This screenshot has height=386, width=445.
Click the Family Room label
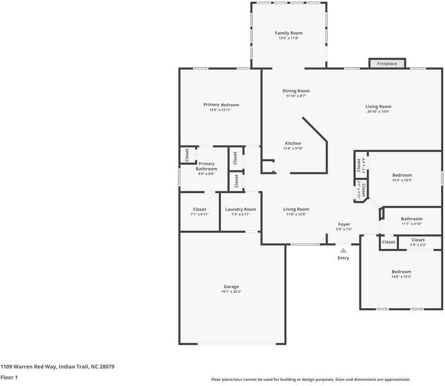coord(288,33)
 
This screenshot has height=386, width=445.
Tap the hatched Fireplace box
coord(387,64)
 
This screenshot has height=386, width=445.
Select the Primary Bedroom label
coord(221,104)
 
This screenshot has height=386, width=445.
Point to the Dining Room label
coord(296,91)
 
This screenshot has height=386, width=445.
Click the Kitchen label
coord(293,143)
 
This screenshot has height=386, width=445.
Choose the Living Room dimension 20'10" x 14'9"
coord(378,112)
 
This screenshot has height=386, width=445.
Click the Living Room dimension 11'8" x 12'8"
coord(297,214)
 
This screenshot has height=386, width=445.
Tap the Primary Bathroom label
coord(206,166)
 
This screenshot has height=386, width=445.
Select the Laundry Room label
coord(240,209)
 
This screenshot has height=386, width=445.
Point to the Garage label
coord(231,286)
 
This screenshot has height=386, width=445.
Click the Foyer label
coord(345,224)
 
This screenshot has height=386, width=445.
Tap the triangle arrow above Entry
coord(344,250)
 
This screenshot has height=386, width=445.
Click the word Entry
coord(344,258)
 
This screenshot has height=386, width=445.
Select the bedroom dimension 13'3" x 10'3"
coord(402,180)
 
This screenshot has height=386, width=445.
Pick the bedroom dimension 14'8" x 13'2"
coord(401,277)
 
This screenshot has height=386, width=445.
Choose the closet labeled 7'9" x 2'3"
coord(418,242)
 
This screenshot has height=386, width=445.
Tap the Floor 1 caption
coord(9,378)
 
